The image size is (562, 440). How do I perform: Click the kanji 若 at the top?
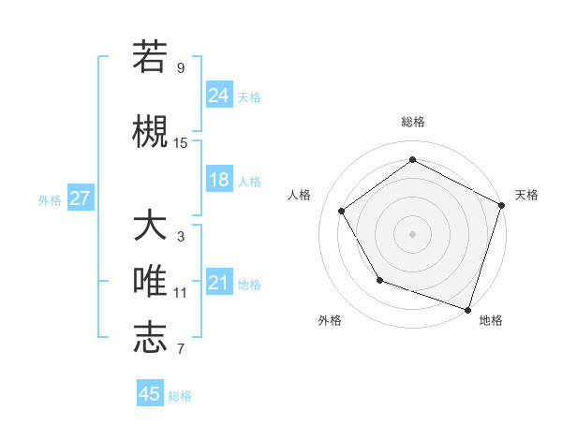150,57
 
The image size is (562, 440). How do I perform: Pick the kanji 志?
150,337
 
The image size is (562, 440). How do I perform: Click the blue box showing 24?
219,95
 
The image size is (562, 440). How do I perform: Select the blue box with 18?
219,180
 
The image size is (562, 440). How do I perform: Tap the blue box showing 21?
219,283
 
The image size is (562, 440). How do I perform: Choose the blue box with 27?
81,198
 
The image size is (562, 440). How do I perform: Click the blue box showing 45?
150,394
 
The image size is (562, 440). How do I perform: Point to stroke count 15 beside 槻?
181,142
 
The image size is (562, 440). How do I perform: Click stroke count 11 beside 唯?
181,293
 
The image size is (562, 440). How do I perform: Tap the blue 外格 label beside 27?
50,199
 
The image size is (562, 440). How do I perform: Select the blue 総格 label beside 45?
180,395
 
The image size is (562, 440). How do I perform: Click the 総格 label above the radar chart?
413,122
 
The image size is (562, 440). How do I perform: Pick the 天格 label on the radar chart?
526,195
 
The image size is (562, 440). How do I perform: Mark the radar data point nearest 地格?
467,309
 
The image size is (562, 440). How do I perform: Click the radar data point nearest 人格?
342,211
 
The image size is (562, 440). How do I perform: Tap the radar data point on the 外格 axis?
379,280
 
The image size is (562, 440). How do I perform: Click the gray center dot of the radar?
413,233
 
